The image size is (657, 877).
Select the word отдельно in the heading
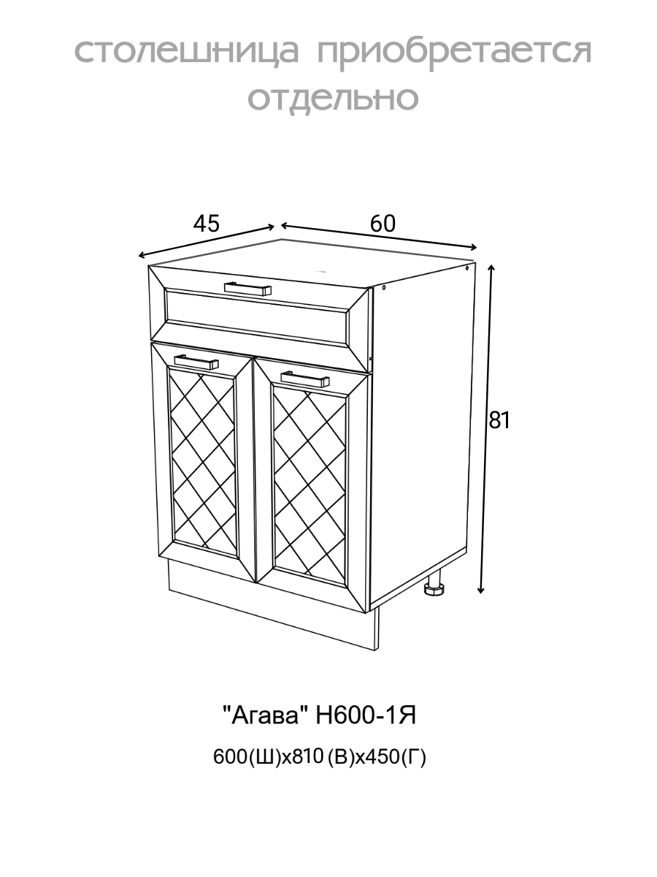(334, 98)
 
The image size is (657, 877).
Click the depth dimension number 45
(206, 224)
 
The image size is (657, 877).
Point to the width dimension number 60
(383, 224)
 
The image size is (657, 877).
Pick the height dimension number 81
(499, 420)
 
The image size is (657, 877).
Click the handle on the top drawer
(247, 289)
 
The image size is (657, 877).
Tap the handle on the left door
(196, 361)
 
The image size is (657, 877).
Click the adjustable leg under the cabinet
(436, 588)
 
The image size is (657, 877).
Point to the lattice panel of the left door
(202, 463)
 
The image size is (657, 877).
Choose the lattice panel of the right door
(307, 483)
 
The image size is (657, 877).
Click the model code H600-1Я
(366, 715)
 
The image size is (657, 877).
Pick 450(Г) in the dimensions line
(399, 758)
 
